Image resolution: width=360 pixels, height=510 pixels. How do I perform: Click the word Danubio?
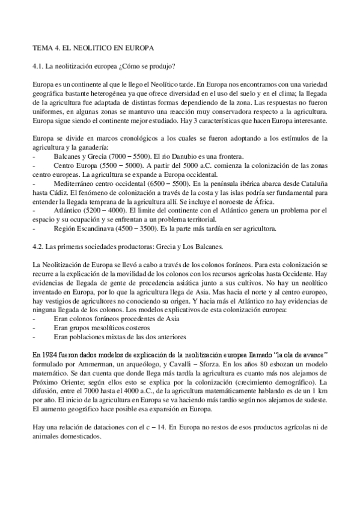pos(199,156)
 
